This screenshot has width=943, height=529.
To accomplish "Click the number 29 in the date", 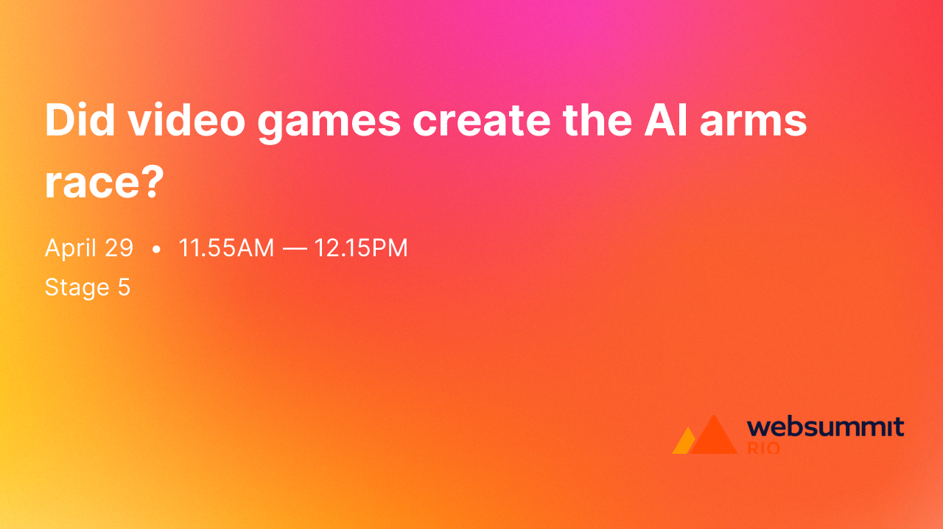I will [x=118, y=248].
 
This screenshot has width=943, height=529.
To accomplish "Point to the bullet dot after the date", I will [x=155, y=250].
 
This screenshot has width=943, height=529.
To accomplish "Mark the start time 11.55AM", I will [x=226, y=248].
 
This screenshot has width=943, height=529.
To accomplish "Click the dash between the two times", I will [x=294, y=249].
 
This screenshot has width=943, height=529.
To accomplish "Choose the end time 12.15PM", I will [x=361, y=248].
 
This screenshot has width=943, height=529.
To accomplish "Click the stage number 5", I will [x=124, y=287].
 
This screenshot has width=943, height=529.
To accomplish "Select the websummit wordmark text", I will [x=825, y=427].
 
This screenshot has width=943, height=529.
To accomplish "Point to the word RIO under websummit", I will [x=763, y=448].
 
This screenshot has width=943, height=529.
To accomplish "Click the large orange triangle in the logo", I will [x=712, y=437].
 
